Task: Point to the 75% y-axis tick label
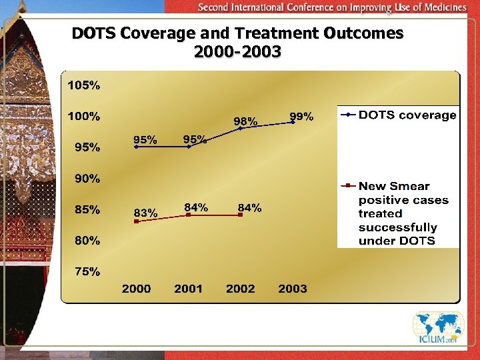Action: coord(87,271)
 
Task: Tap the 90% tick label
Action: coord(87,179)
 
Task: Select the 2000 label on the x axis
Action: coord(136,289)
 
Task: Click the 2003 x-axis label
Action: coord(293,289)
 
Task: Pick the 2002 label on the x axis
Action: coord(241,289)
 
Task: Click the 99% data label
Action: coord(301,117)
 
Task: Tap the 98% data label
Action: coord(245,121)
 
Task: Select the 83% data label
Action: coord(145,213)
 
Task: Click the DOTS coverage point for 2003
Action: coord(293,122)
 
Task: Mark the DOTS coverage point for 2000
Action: coord(136,147)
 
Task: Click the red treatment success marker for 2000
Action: coord(136,221)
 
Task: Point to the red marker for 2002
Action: coord(241,215)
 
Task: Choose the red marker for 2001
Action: coord(189,215)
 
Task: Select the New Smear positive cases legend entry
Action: coord(403,213)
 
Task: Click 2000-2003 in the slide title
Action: coord(237,51)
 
